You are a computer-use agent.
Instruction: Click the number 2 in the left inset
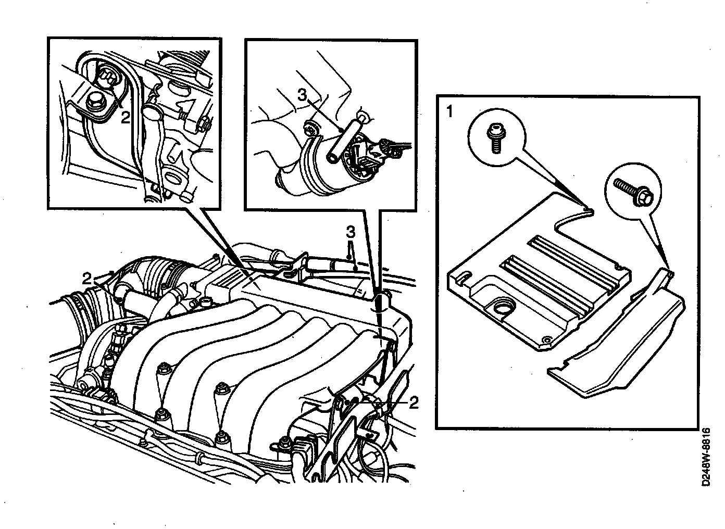tap(125, 117)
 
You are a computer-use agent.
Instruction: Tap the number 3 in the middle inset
tap(302, 95)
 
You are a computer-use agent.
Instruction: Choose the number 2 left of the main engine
tap(87, 278)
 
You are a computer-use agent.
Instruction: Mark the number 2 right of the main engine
tap(414, 402)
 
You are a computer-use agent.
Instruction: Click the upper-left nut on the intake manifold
tap(164, 369)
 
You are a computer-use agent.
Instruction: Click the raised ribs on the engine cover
tap(565, 276)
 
